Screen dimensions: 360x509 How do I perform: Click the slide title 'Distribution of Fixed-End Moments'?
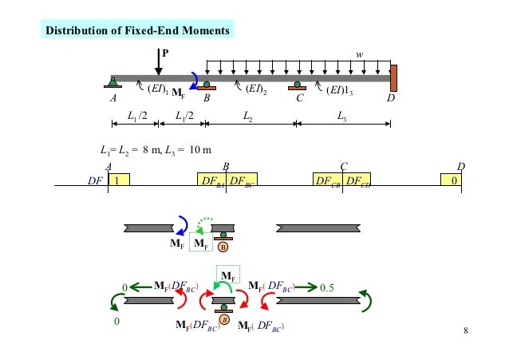click(x=139, y=31)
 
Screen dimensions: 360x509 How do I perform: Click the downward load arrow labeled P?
click(x=158, y=61)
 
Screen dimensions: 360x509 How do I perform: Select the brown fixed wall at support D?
click(x=393, y=78)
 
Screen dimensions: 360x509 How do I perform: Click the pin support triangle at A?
click(x=114, y=82)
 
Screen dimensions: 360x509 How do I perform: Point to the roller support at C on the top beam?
click(x=297, y=85)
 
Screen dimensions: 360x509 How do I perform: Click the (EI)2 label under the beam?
click(x=255, y=89)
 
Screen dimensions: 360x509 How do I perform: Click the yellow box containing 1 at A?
click(x=118, y=180)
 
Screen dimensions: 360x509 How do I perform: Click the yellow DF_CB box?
click(x=327, y=180)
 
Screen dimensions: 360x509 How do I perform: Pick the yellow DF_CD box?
click(x=357, y=180)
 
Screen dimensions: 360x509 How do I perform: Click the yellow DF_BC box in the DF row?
click(x=241, y=180)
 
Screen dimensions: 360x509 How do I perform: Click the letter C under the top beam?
click(x=300, y=100)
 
